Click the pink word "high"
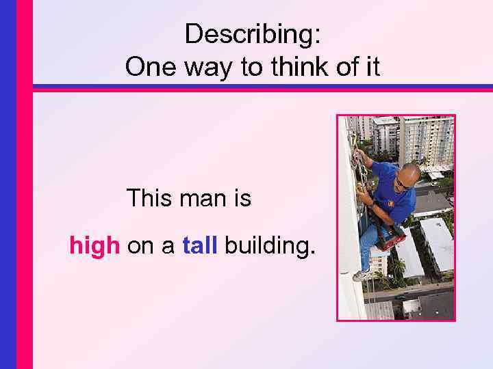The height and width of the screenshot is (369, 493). pos(94,245)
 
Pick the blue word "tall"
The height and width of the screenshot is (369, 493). pos(200,245)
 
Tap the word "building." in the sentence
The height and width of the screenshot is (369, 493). pos(270,246)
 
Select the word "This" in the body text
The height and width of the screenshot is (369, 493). pos(150,199)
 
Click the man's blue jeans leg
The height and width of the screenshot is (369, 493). pos(368,246)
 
